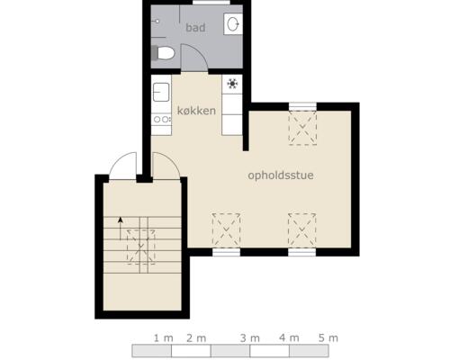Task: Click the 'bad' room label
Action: coord(195,28)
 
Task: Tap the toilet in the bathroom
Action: coord(164,54)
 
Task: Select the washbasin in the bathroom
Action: coord(233,23)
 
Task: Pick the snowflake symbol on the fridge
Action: coord(232,84)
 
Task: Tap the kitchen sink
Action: coord(162,92)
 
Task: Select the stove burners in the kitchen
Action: coord(161,119)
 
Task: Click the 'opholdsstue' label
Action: coord(280,175)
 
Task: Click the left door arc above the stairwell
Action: coord(122,164)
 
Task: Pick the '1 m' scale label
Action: coord(163,337)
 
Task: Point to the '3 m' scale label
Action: coord(249,337)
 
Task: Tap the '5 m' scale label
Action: coord(328,337)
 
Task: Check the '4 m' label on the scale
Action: coord(289,337)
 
